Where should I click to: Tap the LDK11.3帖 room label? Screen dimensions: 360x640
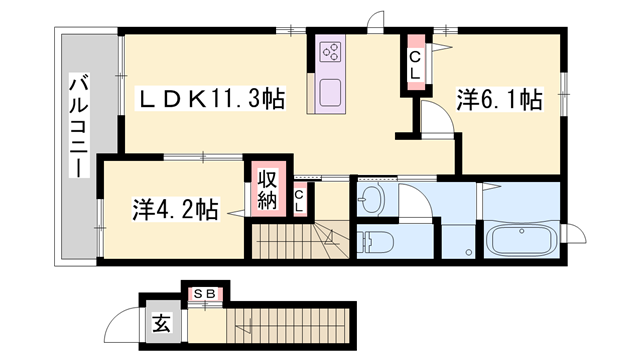click(x=210, y=98)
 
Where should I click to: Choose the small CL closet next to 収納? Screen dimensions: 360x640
click(x=299, y=198)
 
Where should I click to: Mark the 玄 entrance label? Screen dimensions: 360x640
click(x=161, y=323)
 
